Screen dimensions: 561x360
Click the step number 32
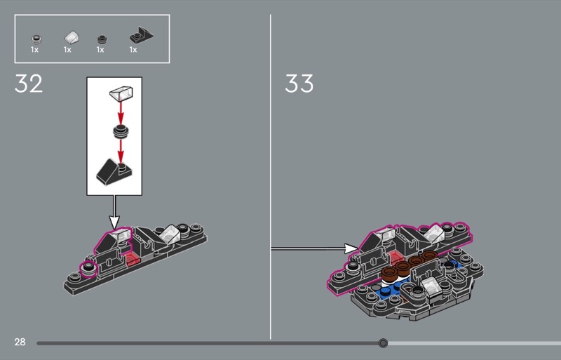click(29, 84)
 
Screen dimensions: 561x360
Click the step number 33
click(299, 84)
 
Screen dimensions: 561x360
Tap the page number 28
click(20, 342)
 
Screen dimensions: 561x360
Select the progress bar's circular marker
click(383, 343)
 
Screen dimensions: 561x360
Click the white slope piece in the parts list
click(72, 37)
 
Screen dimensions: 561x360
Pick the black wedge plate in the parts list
click(141, 36)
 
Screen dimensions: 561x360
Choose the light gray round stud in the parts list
click(36, 39)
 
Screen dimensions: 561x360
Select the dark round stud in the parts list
click(102, 39)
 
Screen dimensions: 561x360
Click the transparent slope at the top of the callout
click(121, 93)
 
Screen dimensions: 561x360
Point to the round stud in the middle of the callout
click(121, 132)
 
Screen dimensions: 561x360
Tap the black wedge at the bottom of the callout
click(114, 173)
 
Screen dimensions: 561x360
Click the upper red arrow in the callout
click(121, 113)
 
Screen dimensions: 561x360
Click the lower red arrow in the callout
click(121, 151)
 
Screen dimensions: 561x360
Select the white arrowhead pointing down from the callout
click(114, 222)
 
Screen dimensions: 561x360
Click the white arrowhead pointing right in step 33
click(351, 248)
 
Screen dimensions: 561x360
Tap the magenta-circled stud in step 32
click(87, 269)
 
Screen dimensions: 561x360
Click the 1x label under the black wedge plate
click(133, 50)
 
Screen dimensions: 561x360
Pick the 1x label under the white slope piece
click(67, 50)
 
